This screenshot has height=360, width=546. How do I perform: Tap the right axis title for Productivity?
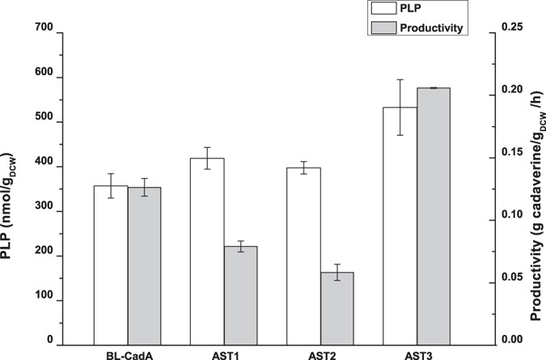535,188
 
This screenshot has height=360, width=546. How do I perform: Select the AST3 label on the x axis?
417,354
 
